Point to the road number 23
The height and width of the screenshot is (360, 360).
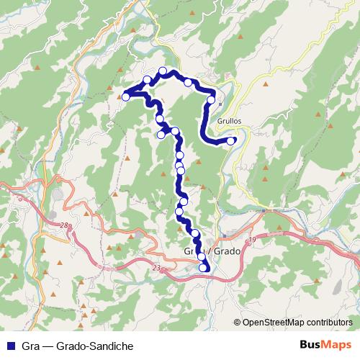click(x=156, y=268)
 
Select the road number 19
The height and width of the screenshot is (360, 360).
click(x=251, y=239)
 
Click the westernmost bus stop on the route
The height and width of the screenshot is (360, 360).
click(x=125, y=96)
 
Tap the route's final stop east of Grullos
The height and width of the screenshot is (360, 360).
click(x=230, y=141)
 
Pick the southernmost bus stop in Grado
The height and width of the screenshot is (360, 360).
click(x=204, y=269)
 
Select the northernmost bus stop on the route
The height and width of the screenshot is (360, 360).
click(x=163, y=71)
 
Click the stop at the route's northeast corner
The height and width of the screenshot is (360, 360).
click(x=211, y=100)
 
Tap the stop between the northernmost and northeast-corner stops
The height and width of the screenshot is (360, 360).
click(x=188, y=83)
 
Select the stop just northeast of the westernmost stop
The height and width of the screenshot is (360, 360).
click(x=148, y=79)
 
